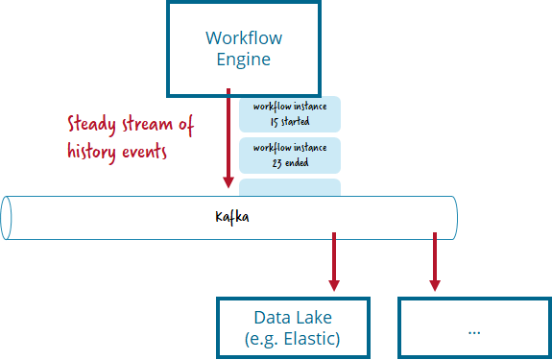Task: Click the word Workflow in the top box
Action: point(244,37)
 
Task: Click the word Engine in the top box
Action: point(243,59)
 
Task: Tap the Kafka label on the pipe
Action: point(232,217)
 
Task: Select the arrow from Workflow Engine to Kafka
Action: point(228,138)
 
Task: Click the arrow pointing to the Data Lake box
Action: point(334,261)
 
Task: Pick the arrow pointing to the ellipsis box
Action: point(435,261)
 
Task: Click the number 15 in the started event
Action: point(275,122)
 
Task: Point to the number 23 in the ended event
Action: point(276,163)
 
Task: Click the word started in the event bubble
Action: point(295,121)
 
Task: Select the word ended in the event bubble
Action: point(297,162)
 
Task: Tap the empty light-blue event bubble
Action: point(290,187)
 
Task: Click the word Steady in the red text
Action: point(91,125)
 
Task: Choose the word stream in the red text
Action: point(147,124)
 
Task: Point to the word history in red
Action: point(91,152)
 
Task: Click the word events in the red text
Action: point(144,152)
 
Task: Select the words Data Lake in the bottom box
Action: point(293,318)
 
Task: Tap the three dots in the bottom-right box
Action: point(474,332)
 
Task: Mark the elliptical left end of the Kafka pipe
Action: point(6,218)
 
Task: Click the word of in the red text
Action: point(186,125)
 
